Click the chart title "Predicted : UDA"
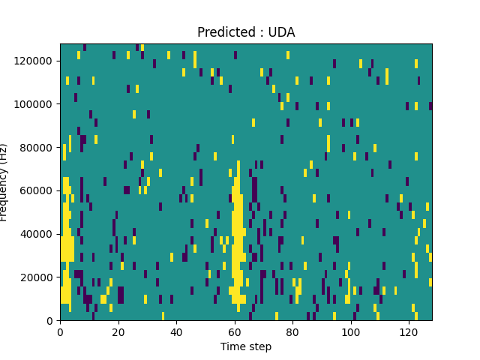pyautogui.click(x=246, y=32)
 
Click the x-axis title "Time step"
pyautogui.click(x=246, y=346)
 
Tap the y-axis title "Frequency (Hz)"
pyautogui.click(x=4, y=182)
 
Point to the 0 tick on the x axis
pyautogui.click(x=60, y=331)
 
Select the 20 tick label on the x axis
pyautogui.click(x=118, y=331)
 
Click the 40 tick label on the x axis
pyautogui.click(x=176, y=331)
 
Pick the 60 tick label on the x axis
pyautogui.click(x=235, y=331)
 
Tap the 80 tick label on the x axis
pyautogui.click(x=292, y=331)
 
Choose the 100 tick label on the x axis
pyautogui.click(x=350, y=331)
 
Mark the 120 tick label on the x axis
pyautogui.click(x=409, y=331)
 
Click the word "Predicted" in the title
pyautogui.click(x=224, y=32)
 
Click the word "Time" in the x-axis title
pyautogui.click(x=232, y=346)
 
